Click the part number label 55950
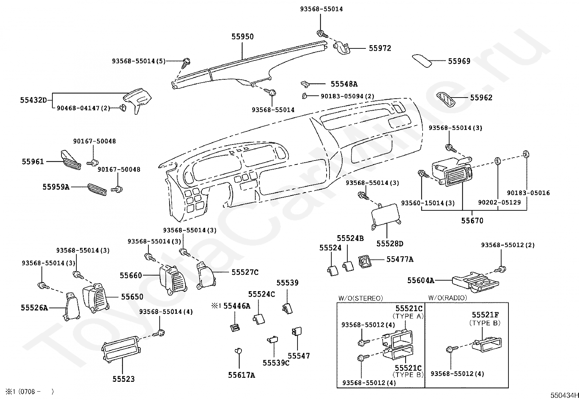243,37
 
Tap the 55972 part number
380,48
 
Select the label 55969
459,61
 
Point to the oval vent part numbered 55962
446,99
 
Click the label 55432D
33,99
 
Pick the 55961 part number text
33,162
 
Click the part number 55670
472,221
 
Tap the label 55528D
390,244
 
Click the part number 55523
123,379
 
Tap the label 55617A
241,375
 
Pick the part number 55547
299,356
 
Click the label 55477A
400,260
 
